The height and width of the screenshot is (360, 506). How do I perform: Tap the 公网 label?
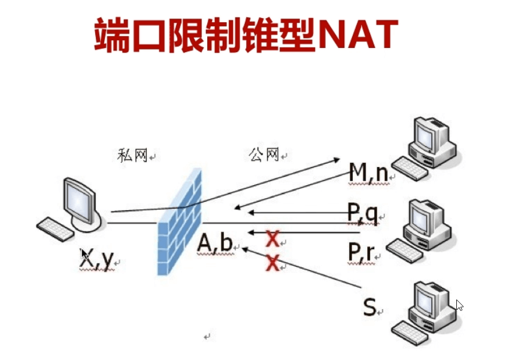pos(263,155)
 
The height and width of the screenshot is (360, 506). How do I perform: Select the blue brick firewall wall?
pos(179,222)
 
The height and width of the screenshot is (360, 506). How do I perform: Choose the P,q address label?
pos(363,213)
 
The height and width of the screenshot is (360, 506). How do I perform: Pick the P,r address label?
pos(361,252)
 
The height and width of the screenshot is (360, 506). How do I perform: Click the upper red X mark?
pos(272,240)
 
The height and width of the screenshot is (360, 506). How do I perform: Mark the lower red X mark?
pos(272,262)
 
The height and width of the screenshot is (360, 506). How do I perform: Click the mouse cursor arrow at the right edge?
pos(459,305)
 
